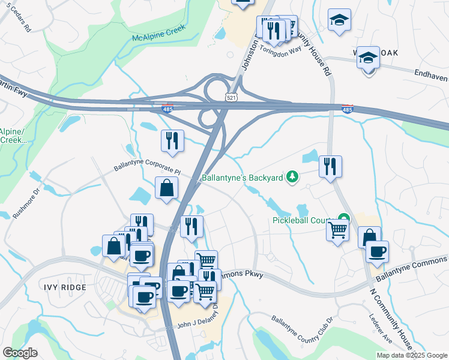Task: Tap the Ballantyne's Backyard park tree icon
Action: tap(292, 177)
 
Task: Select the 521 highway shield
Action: tap(232, 97)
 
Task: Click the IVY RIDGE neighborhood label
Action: tap(64, 287)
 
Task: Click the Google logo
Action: tap(20, 353)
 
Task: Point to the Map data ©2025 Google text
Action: tap(412, 355)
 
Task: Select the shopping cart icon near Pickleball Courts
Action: tap(338, 229)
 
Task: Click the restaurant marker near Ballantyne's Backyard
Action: tap(330, 166)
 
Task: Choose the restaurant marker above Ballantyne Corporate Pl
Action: tap(172, 141)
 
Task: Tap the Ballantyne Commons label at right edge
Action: tap(411, 268)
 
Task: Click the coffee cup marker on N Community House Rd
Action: tap(377, 252)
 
